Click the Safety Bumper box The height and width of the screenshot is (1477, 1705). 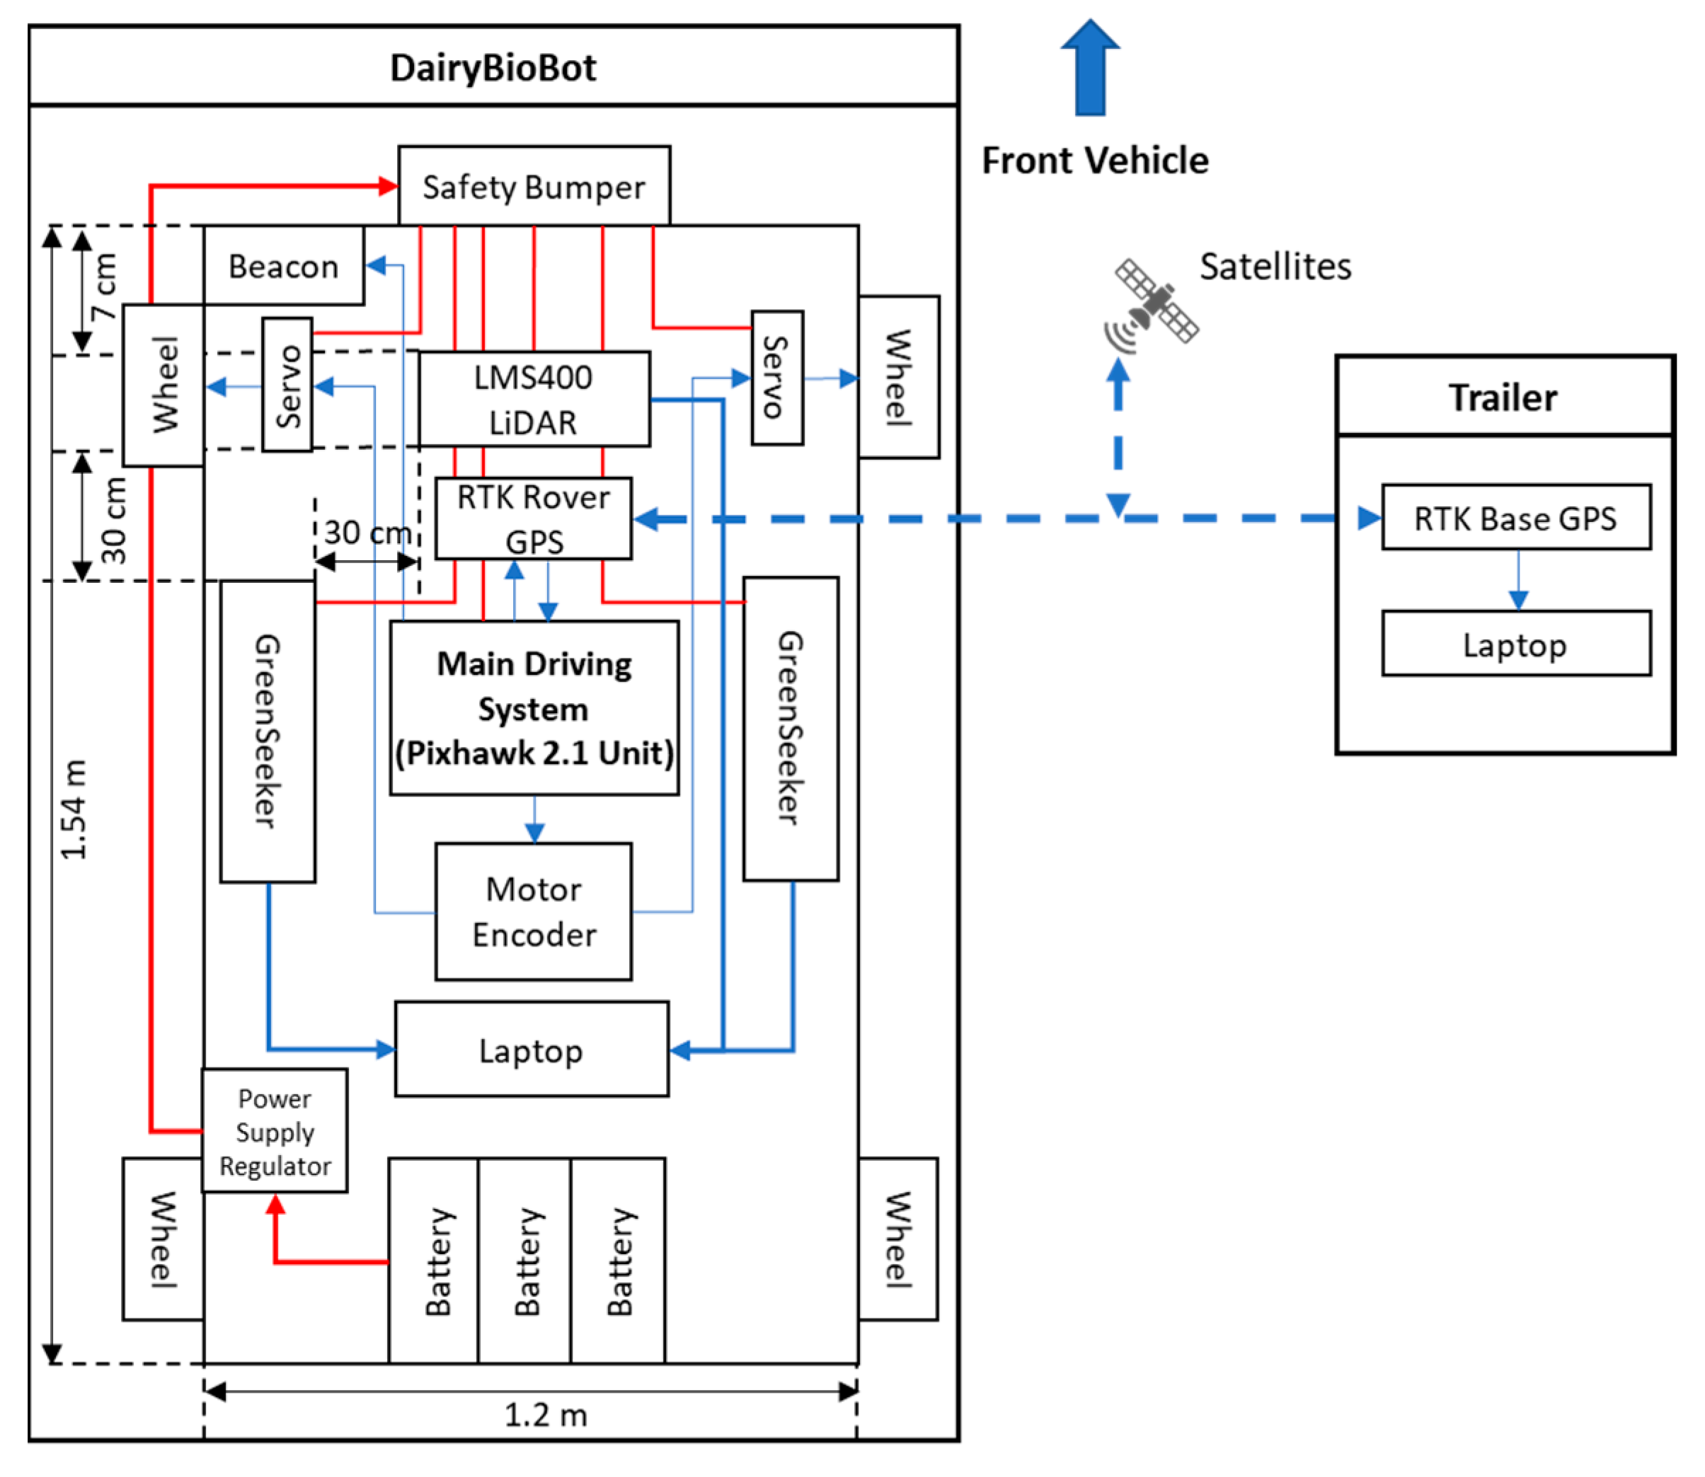534,186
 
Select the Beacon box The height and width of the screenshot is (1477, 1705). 284,266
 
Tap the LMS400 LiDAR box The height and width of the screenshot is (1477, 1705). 534,400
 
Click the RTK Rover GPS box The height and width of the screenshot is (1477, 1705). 534,519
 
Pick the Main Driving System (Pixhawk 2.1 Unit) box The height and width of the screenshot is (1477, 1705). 534,708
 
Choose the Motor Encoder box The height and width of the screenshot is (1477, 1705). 534,912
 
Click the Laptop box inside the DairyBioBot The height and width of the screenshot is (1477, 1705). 531,1050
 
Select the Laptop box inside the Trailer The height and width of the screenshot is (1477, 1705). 1515,644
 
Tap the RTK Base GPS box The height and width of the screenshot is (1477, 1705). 1515,518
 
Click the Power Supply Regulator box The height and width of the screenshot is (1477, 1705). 275,1131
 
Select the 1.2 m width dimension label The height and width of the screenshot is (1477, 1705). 545,1414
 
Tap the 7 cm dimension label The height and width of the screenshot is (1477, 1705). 105,286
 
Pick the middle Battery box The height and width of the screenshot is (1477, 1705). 525,1261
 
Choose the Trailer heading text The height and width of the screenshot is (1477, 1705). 1503,398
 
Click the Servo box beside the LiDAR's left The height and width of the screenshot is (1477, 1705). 287,385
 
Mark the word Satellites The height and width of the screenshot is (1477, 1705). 1275,266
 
